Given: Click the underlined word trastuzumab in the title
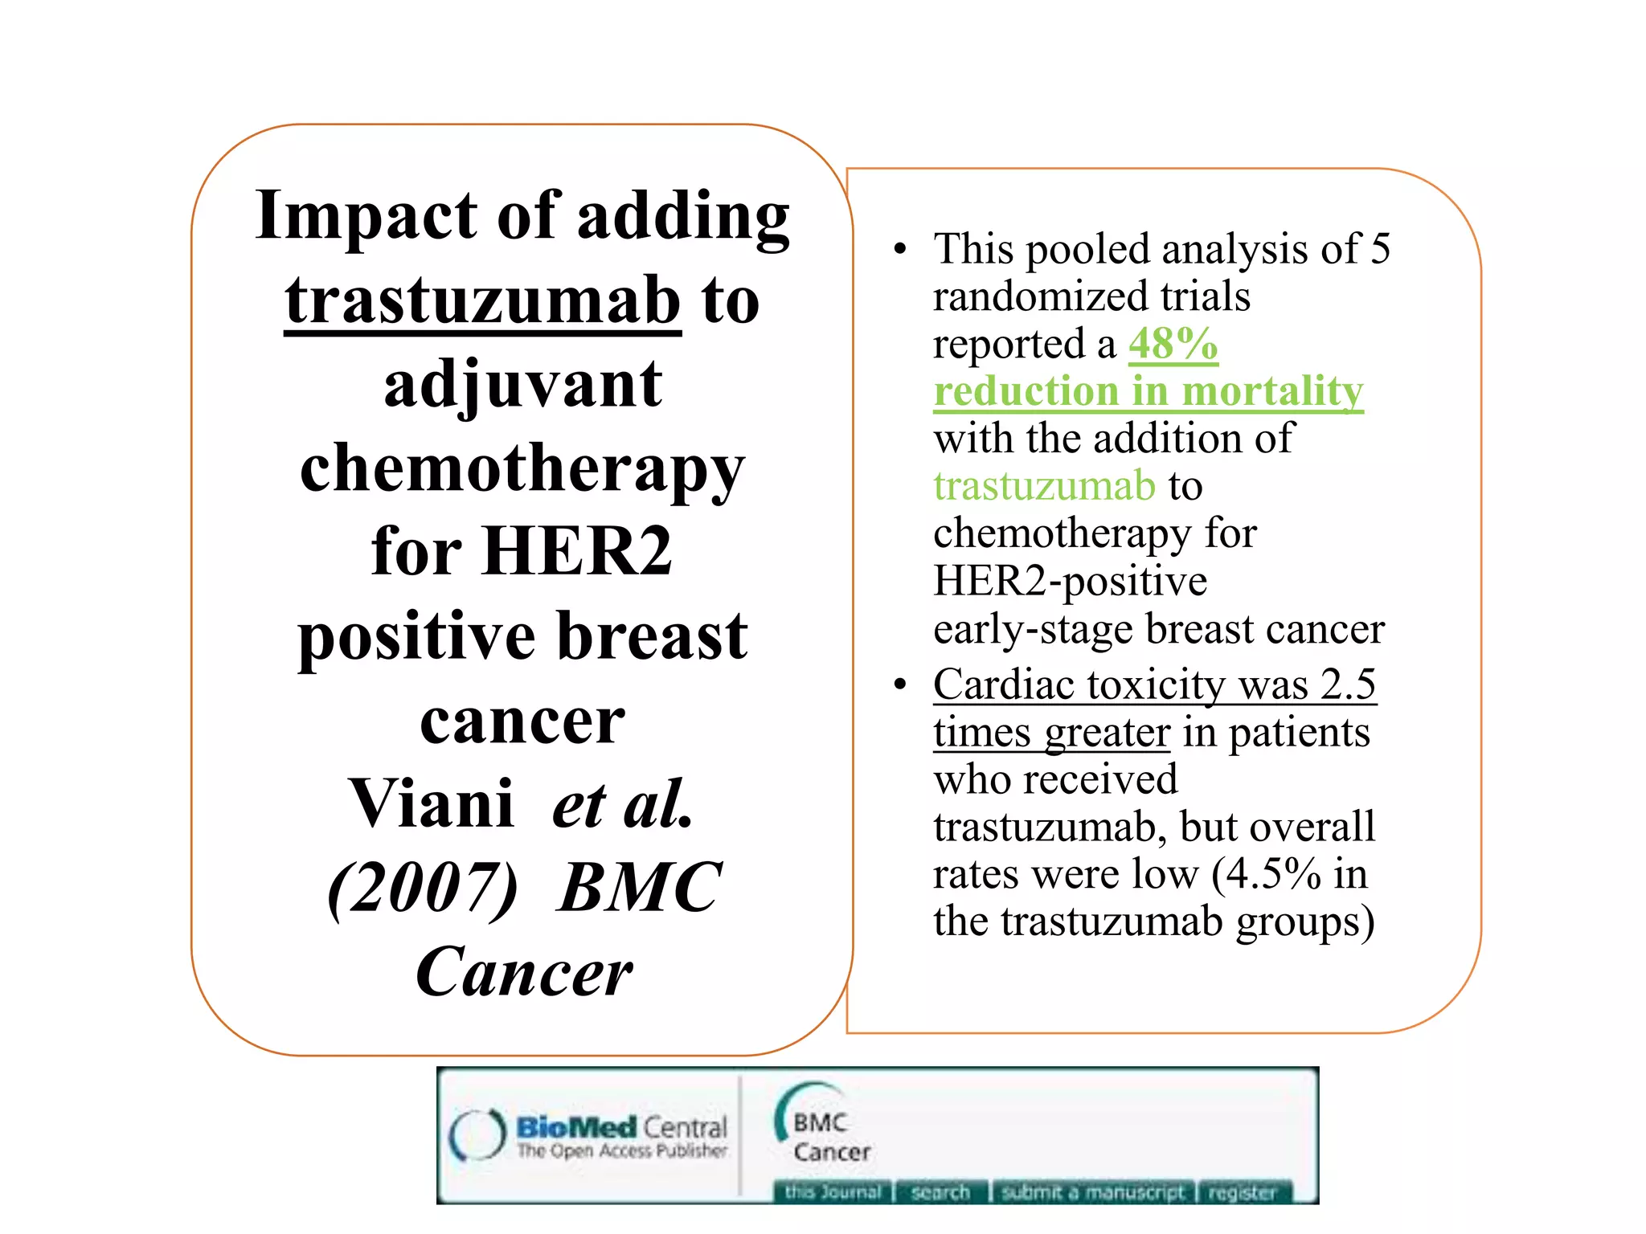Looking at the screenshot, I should click(x=482, y=301).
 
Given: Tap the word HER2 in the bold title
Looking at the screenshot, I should click(x=578, y=552).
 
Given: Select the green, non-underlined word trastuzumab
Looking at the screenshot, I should click(x=1044, y=486).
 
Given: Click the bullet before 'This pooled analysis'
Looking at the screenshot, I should click(x=900, y=249).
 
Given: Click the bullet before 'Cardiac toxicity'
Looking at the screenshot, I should click(x=900, y=684).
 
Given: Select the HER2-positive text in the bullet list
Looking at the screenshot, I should click(x=1070, y=581).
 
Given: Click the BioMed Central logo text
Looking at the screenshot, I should click(x=621, y=1128).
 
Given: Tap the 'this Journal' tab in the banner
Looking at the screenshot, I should click(x=833, y=1192).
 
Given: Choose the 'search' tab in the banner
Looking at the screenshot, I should click(x=940, y=1192).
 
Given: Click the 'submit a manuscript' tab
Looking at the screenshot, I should click(x=1093, y=1192).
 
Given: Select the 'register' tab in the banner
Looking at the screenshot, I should click(x=1243, y=1192).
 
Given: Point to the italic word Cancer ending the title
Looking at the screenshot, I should click(x=524, y=972).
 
